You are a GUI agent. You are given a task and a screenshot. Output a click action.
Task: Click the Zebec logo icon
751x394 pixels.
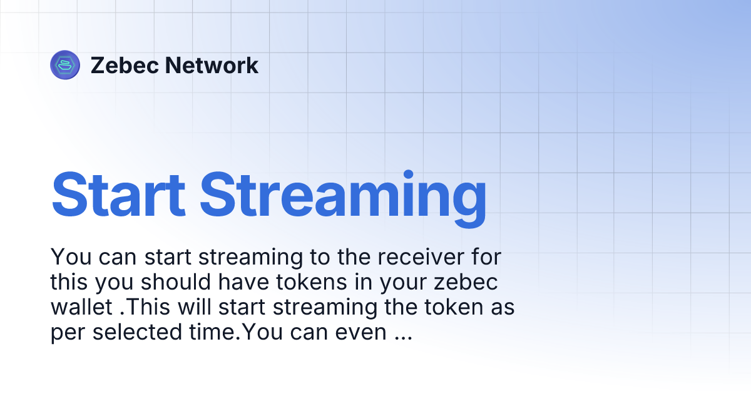pos(65,65)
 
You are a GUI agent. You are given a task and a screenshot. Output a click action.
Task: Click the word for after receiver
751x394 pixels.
pos(484,257)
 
